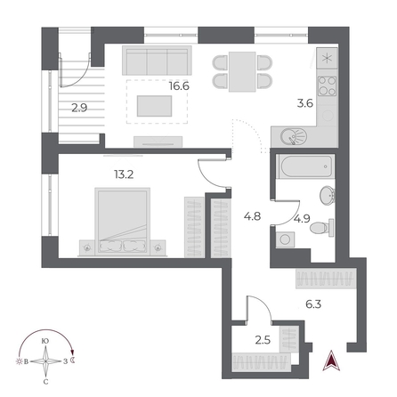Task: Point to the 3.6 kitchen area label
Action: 304,102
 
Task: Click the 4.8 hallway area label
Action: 250,214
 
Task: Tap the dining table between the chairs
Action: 242,69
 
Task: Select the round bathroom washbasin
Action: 326,197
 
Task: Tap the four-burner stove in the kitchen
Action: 327,88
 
